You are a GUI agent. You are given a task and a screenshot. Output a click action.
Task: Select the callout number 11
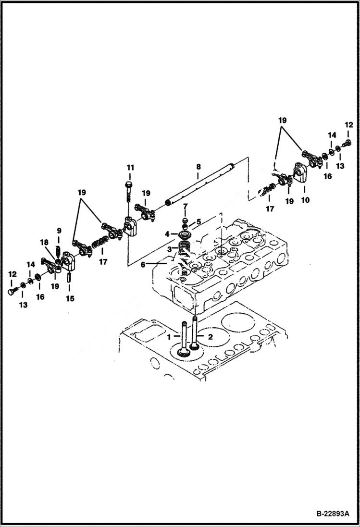130,167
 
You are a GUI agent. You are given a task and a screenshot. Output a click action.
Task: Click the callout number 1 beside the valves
169,337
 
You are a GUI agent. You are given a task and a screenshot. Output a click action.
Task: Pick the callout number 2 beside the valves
210,337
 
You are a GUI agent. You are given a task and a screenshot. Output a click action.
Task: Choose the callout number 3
169,249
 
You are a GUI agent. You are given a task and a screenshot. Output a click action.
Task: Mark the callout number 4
167,234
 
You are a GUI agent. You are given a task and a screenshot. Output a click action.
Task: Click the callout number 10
305,200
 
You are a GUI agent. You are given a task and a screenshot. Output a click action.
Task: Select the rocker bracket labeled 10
301,174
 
